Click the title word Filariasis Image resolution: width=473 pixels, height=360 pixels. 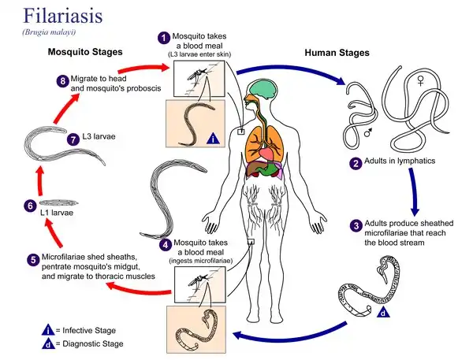[x=52, y=15]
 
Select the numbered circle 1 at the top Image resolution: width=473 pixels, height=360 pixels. [x=164, y=37]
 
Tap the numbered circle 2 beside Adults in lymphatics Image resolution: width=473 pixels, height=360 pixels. [x=356, y=164]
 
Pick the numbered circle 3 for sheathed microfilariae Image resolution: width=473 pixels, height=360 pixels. [x=356, y=226]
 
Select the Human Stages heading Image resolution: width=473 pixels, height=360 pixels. [x=337, y=54]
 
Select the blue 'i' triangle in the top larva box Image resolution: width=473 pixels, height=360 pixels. [x=213, y=139]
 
